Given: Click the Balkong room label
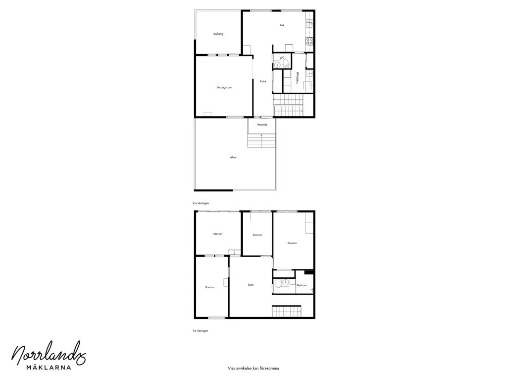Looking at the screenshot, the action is (218, 34).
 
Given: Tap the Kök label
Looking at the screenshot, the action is (282, 25).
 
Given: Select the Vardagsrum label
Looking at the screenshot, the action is (224, 87).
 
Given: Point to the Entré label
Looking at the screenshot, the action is (263, 81).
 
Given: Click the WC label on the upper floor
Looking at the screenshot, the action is (282, 58).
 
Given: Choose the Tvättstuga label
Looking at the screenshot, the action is (298, 78).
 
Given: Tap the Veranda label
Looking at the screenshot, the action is (262, 125).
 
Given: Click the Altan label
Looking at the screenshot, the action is (233, 157).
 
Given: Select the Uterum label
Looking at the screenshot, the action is (218, 234).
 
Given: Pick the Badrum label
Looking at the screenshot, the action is (302, 285).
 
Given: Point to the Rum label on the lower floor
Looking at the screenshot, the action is (251, 285).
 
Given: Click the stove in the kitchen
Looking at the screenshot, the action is (309, 41).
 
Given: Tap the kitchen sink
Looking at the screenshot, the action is (309, 23).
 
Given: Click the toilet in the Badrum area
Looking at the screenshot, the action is (278, 285).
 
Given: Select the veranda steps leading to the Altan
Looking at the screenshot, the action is (261, 140).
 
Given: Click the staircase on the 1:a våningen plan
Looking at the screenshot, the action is (287, 311).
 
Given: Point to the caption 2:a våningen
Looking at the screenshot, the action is (201, 203).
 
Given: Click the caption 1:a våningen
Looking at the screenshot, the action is (200, 331).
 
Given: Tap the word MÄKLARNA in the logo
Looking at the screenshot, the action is (49, 368).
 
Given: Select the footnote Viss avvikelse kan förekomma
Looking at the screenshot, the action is (253, 368).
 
